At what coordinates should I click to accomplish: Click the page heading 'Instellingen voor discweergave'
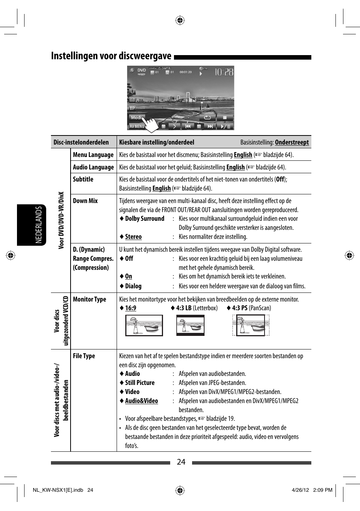click(x=111, y=56)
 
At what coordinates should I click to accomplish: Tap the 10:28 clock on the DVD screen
click(x=224, y=72)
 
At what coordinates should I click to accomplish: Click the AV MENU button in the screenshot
click(x=137, y=126)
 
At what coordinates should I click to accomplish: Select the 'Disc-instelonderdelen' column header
click(x=81, y=142)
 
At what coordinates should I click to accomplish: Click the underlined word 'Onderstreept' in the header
click(x=292, y=142)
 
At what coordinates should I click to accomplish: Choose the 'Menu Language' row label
click(x=93, y=155)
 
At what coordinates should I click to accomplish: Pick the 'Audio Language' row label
click(x=93, y=167)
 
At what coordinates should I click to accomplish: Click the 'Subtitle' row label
click(x=83, y=179)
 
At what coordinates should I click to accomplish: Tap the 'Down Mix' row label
click(x=85, y=201)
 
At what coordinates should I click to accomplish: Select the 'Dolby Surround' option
click(x=145, y=219)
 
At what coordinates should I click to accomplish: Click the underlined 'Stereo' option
click(x=133, y=237)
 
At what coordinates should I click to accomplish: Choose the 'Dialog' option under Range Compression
click(x=133, y=286)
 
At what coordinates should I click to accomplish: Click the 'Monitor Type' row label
click(x=89, y=299)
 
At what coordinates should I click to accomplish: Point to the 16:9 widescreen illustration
click(x=144, y=325)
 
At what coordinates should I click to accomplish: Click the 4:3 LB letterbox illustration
click(x=190, y=325)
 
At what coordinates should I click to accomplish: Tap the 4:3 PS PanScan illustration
click(x=251, y=325)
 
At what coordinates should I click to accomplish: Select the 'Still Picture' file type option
click(x=140, y=383)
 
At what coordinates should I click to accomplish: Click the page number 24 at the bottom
click(x=181, y=462)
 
